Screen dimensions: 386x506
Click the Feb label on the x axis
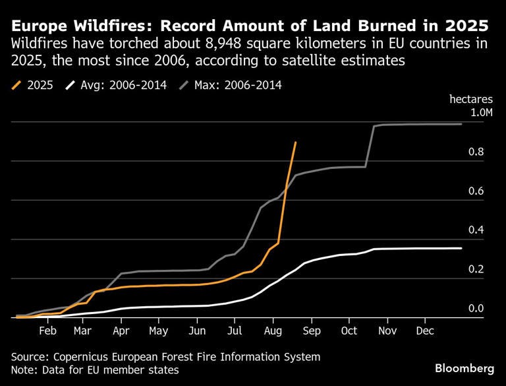coord(47,331)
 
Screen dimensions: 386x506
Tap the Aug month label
coord(273,331)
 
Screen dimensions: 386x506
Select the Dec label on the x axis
coord(425,331)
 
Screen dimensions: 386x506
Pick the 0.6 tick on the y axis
coord(476,191)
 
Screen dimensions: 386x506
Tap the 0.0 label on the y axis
coord(476,308)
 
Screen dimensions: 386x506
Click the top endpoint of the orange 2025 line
coord(295,143)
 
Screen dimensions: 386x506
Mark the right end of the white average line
coord(461,248)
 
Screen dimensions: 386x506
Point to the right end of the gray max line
coord(461,124)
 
